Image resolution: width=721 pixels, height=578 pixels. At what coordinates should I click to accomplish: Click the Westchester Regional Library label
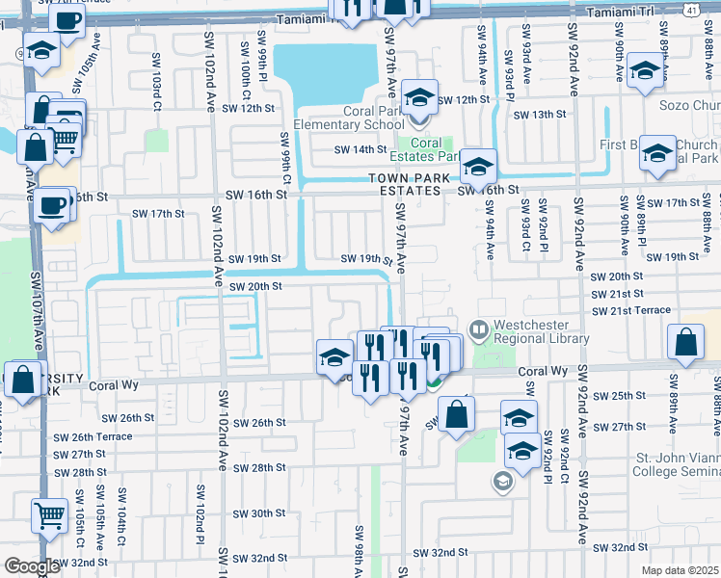[x=542, y=332]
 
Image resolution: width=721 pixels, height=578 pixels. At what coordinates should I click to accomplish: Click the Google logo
[x=31, y=566]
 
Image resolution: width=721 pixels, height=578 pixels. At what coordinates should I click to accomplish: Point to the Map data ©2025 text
[x=680, y=569]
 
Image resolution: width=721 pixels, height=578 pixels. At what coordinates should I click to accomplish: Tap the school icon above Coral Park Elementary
[x=419, y=97]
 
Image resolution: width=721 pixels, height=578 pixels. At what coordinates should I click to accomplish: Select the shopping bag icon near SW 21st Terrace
[x=684, y=342]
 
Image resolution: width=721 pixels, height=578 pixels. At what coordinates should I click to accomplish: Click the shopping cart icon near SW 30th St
[x=48, y=515]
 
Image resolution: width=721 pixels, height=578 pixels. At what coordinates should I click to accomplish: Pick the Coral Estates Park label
[x=434, y=149]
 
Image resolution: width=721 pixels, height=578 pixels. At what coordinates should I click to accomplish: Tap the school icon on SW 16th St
[x=477, y=166]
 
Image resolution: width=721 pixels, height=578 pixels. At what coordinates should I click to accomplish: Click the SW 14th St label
[x=360, y=149]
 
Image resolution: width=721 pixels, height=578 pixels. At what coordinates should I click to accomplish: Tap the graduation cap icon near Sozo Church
[x=645, y=69]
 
